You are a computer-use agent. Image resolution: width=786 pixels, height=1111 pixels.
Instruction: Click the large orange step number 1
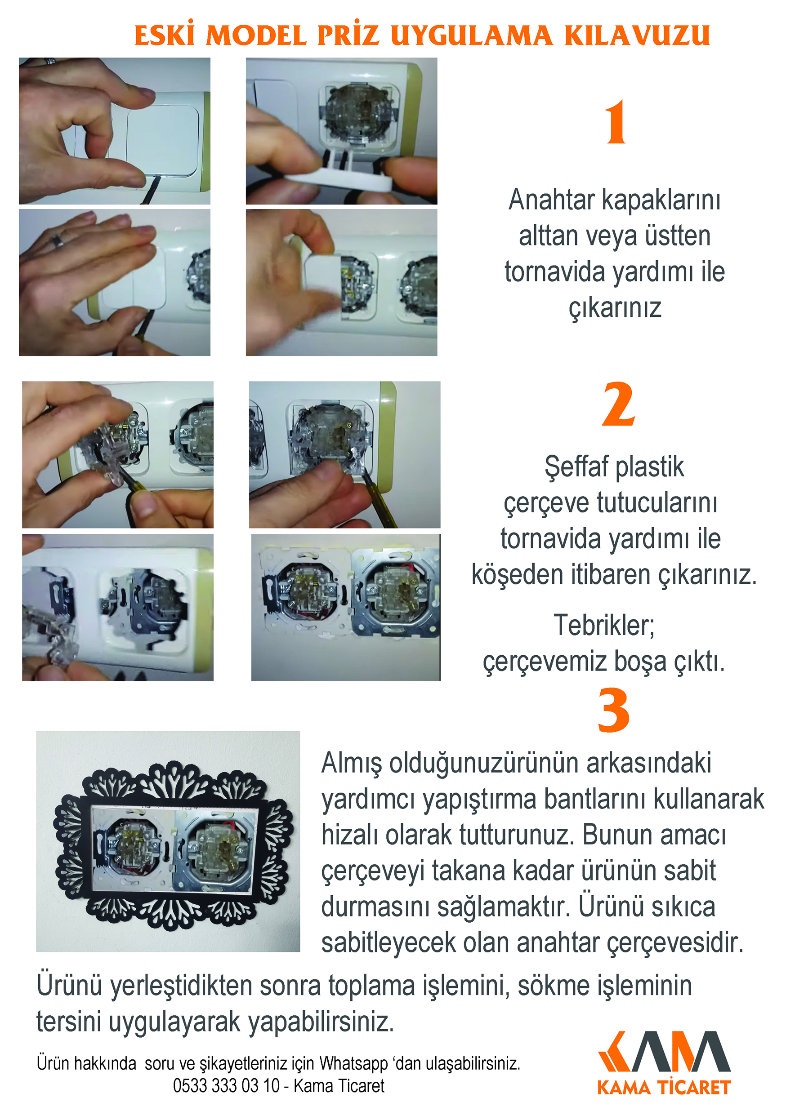coord(616,122)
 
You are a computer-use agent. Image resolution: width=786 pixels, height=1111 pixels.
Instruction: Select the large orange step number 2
coord(618,404)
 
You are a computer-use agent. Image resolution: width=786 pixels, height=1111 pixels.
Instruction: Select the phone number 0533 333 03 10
coord(226,1085)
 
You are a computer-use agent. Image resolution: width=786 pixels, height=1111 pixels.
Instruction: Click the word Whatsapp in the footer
coord(353,1063)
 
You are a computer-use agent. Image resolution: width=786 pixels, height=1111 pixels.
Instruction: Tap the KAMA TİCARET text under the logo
coord(664,1087)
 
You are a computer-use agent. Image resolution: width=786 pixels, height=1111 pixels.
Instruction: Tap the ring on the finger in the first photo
coord(50,61)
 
